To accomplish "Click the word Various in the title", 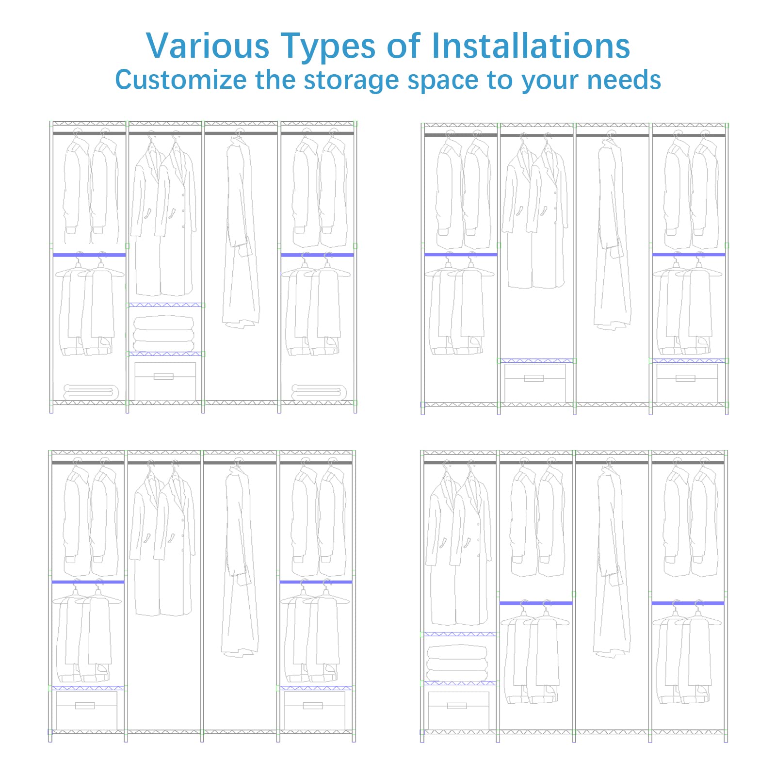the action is pyautogui.click(x=208, y=46).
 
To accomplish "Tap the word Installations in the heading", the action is pyautogui.click(x=531, y=46).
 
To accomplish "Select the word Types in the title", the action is pyautogui.click(x=328, y=47).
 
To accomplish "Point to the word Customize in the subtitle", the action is pyautogui.click(x=181, y=80).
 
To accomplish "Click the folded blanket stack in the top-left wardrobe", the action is pyautogui.click(x=164, y=333).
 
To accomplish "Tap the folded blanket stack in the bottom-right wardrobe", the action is pyautogui.click(x=457, y=662).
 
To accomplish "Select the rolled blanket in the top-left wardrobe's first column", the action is pyautogui.click(x=91, y=392).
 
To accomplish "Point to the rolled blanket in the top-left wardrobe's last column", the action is pyautogui.click(x=319, y=392).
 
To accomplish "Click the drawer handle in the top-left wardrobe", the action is pyautogui.click(x=163, y=376).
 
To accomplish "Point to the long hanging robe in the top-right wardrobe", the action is pyautogui.click(x=613, y=231).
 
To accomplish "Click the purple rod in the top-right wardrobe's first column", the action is pyautogui.click(x=461, y=255).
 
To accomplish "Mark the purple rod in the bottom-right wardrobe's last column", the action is pyautogui.click(x=688, y=603).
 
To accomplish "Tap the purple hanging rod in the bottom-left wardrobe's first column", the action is pyautogui.click(x=88, y=582).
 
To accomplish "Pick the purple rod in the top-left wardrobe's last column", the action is pyautogui.click(x=317, y=255).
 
